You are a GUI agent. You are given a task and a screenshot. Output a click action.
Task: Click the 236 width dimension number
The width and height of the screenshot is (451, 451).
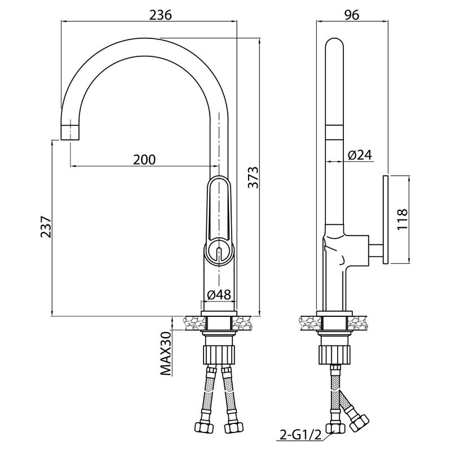click(x=160, y=15)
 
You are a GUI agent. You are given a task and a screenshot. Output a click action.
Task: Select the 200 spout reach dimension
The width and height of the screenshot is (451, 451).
click(x=144, y=160)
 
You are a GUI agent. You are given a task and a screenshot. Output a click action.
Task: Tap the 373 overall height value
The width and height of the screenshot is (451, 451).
click(x=254, y=177)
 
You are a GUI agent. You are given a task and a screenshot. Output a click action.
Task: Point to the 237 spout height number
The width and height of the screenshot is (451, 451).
click(x=46, y=227)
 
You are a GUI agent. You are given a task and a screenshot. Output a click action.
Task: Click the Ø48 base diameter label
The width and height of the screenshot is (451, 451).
click(x=219, y=294)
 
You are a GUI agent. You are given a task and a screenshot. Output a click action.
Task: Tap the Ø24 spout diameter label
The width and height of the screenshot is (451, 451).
click(x=360, y=155)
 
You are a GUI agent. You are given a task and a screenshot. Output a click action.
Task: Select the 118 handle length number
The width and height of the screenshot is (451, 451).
click(x=403, y=219)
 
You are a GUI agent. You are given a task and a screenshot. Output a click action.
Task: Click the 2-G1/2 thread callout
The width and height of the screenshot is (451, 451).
click(x=299, y=435)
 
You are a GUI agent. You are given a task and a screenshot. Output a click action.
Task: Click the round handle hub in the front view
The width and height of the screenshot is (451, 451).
click(x=219, y=250)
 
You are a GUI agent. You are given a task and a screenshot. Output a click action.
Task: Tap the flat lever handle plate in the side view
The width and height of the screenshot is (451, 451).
click(x=386, y=219)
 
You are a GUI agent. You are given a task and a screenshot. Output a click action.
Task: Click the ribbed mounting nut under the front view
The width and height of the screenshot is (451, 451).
click(x=219, y=355)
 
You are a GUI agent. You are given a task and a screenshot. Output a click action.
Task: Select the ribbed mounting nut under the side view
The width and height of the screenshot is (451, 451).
click(x=334, y=355)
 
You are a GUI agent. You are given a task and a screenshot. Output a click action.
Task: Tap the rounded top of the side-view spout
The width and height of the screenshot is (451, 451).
click(x=334, y=43)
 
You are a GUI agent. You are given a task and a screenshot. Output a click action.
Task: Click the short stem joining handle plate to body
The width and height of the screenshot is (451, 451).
click(x=375, y=250)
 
